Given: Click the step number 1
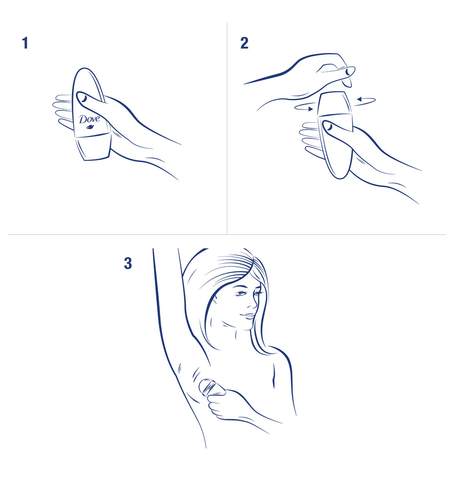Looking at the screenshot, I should [x=25, y=43].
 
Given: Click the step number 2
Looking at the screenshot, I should [x=244, y=43].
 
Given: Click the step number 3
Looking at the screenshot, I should [x=128, y=263].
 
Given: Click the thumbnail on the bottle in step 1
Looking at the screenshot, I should [x=84, y=98].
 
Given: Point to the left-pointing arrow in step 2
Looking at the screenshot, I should [x=365, y=99].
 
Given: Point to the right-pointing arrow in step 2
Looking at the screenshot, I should [x=303, y=108].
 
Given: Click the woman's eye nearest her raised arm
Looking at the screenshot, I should [x=240, y=294].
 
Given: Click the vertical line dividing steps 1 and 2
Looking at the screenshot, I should [x=227, y=136].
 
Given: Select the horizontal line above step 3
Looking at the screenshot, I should [x=227, y=235].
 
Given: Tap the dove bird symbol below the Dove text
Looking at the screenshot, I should [x=89, y=127].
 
